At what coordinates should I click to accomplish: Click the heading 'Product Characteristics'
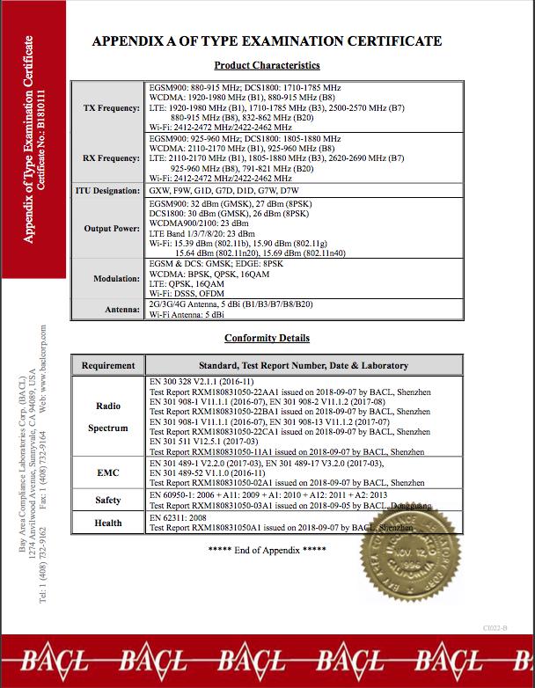click(x=267, y=65)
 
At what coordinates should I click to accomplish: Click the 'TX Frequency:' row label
click(x=112, y=108)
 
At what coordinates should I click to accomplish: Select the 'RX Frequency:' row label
click(x=111, y=158)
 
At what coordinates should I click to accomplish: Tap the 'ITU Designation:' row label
click(x=106, y=191)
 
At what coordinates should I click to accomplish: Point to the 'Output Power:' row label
click(x=112, y=229)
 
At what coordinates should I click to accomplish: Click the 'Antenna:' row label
click(x=121, y=308)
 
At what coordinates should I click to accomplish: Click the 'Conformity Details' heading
click(x=267, y=338)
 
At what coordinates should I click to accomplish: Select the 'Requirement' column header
click(x=108, y=365)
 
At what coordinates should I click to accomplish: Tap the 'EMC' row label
click(x=108, y=472)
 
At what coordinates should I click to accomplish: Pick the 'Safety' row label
click(x=108, y=501)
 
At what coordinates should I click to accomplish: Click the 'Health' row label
click(x=108, y=523)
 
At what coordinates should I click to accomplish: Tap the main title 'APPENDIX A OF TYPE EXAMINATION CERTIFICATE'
click(x=267, y=41)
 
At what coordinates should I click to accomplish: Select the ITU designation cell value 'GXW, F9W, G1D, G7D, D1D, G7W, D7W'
click(x=224, y=191)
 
